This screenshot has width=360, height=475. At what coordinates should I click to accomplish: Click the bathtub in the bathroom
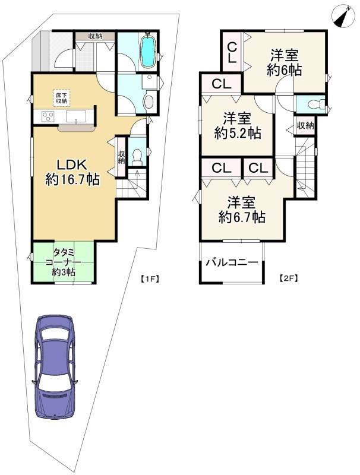point(149,51)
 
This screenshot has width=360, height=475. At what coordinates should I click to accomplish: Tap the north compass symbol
point(343,16)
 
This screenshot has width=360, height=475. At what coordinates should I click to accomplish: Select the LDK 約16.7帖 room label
point(72,172)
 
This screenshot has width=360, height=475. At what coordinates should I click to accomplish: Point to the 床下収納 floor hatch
point(61,98)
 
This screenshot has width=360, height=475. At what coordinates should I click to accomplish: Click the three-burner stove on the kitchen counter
point(48,116)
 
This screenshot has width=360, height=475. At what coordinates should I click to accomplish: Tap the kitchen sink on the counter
point(76,116)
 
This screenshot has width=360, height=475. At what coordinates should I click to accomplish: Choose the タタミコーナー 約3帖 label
point(64,262)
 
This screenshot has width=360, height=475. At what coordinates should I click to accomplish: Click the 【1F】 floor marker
point(149,278)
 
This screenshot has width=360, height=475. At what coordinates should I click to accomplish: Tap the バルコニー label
point(232,262)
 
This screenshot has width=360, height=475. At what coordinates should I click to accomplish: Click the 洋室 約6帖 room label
point(284,63)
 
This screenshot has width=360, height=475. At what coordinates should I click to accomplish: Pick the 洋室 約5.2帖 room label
point(237,126)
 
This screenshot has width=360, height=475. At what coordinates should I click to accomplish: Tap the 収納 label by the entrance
point(96,36)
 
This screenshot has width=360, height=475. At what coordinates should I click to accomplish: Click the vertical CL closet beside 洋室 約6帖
point(232,52)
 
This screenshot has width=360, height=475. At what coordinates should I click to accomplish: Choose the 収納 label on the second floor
point(305,125)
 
